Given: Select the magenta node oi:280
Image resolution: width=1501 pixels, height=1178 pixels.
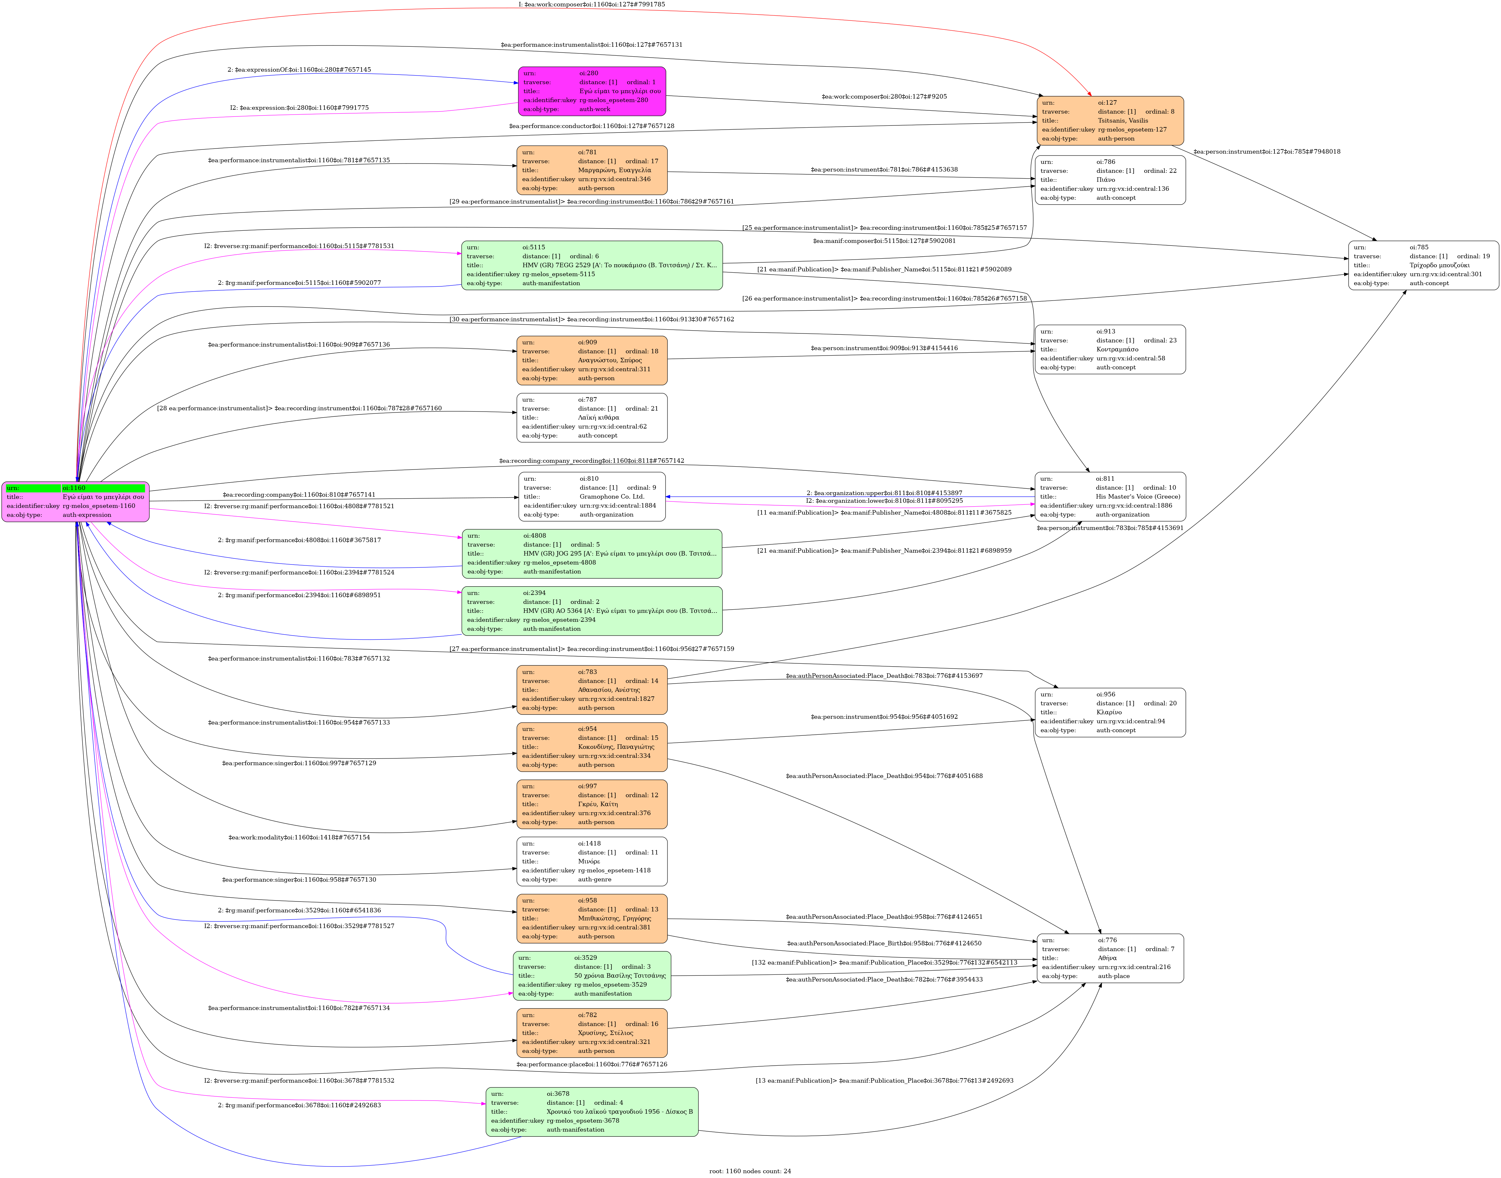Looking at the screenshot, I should coord(592,91).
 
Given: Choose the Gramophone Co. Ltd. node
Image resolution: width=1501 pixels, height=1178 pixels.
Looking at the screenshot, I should coord(592,497).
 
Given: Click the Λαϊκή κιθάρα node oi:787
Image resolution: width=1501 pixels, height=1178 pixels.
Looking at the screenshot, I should coord(592,417).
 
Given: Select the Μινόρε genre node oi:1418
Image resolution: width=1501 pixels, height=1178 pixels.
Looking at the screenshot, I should coord(592,861).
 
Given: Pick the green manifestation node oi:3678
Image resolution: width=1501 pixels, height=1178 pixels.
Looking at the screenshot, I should coord(592,1112).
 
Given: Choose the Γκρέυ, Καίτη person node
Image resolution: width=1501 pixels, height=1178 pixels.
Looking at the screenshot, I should coord(592,804).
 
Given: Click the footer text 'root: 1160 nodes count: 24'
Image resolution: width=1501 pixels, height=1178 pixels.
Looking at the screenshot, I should coord(750,1171).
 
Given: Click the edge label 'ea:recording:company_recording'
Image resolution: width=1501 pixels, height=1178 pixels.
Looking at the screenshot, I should coord(592,461).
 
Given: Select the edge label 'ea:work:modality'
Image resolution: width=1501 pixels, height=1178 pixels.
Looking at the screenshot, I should coord(299,837).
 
